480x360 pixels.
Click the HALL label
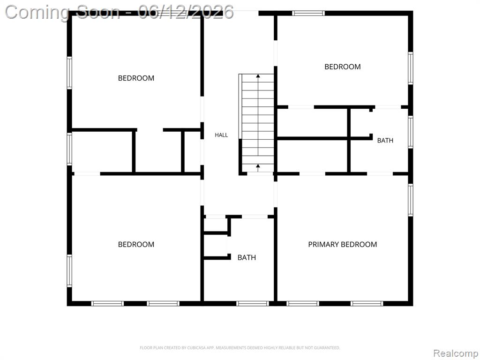221,135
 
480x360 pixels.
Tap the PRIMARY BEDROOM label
342,244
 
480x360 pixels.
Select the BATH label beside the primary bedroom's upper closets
385,141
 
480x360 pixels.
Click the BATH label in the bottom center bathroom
247,257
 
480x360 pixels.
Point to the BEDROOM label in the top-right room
343,67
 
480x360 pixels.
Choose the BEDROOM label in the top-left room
136,78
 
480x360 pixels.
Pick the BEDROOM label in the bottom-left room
136,244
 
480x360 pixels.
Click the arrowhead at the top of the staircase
258,76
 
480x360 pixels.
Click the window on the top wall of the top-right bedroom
308,13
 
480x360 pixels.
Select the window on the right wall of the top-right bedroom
411,68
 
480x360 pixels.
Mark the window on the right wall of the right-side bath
411,132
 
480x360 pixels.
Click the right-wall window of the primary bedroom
411,200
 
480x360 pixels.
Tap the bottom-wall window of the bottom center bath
253,303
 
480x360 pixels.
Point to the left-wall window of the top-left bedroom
69,73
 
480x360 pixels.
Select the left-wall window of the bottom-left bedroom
69,271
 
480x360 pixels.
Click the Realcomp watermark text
456,353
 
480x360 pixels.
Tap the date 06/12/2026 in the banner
186,12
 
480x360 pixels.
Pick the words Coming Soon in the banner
62,13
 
